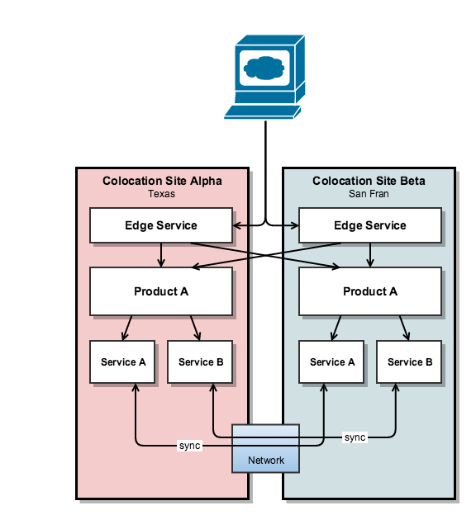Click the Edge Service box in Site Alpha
[161, 225]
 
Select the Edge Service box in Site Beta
[370, 225]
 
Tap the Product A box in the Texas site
[161, 291]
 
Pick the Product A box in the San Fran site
[370, 291]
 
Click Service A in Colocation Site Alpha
[122, 362]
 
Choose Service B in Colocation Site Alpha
[200, 362]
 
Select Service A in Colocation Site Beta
[331, 362]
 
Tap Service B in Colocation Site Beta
[409, 362]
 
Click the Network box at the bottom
[265, 449]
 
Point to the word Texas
[161, 194]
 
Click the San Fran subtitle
[369, 194]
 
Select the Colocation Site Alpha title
[162, 181]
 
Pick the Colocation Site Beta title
[369, 181]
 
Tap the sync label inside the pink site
[190, 446]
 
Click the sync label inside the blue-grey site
[355, 437]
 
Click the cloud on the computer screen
[264, 68]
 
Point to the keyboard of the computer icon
[263, 111]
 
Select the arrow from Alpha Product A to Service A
[127, 328]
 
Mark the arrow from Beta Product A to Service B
[404, 328]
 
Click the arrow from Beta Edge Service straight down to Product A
[370, 255]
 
